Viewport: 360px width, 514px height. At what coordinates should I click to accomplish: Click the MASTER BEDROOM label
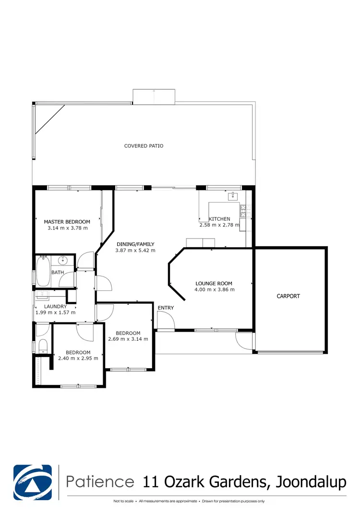67,221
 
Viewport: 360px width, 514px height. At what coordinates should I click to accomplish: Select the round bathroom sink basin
62,261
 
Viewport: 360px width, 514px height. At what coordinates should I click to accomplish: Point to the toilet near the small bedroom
42,346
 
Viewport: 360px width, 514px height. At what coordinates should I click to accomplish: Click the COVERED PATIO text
144,145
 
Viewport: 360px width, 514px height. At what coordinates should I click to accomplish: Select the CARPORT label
288,296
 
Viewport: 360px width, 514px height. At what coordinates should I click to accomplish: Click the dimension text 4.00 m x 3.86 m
215,289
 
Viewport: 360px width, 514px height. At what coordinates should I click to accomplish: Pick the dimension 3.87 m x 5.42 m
135,251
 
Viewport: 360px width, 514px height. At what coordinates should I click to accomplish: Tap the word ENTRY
166,308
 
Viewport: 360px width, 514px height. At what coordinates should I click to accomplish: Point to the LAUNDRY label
51,306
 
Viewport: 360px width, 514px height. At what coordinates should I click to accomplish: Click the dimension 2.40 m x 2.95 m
78,358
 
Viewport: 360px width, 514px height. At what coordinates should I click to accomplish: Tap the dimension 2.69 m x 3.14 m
128,339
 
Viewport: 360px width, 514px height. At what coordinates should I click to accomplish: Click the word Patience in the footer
100,481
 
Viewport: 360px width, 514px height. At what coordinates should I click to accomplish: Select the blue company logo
33,481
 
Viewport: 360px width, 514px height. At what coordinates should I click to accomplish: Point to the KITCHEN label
219,219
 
